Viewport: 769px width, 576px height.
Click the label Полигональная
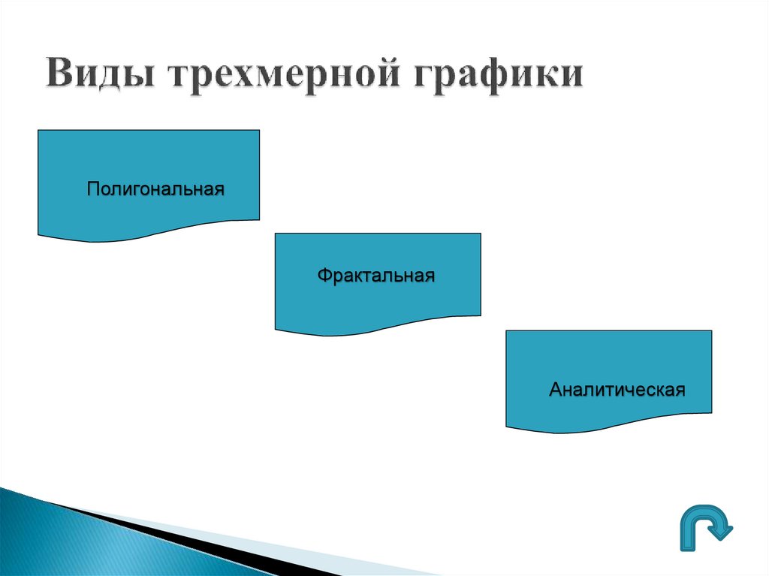point(155,188)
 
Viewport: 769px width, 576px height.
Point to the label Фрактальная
point(375,276)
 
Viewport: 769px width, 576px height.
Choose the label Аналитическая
point(617,391)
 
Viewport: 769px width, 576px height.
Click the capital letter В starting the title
point(59,77)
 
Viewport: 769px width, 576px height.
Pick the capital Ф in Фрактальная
point(323,276)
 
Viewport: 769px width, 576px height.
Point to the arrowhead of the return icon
point(723,531)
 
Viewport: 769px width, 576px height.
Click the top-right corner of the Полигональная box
point(259,131)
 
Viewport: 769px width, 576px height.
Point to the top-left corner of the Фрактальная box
point(276,234)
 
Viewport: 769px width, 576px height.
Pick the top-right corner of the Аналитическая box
point(710,331)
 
